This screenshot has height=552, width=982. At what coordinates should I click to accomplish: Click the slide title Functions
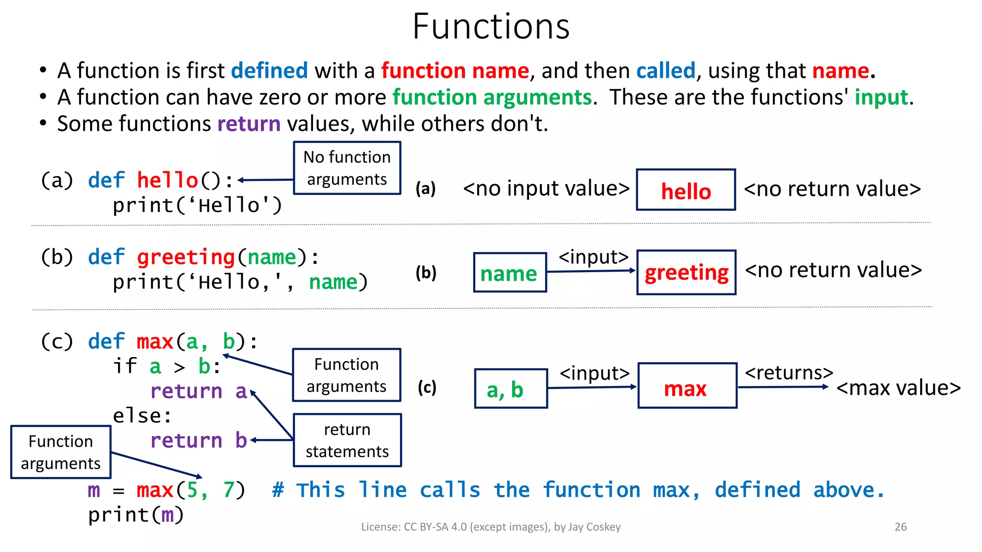point(491,26)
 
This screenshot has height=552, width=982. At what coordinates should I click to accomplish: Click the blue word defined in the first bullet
point(269,71)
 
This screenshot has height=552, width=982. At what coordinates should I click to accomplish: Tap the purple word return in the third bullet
point(248,124)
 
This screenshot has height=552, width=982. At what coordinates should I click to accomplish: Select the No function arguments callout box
point(347,168)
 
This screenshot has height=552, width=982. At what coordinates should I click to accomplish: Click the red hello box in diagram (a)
point(686,190)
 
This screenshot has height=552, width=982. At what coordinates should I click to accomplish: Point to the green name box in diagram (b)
point(509,273)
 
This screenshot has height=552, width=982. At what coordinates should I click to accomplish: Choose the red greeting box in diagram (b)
point(686,272)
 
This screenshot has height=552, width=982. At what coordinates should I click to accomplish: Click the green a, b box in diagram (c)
point(510,389)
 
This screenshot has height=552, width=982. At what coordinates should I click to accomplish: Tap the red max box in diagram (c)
point(687,386)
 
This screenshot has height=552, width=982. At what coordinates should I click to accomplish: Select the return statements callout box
point(347,440)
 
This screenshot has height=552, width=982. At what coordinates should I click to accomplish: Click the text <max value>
point(898,388)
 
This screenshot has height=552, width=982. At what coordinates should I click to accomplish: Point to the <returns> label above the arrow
point(788,372)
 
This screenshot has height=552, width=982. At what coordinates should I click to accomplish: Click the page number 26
point(900,527)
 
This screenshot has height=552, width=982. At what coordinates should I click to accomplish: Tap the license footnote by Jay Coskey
point(491,527)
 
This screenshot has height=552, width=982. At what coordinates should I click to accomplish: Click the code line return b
point(199,440)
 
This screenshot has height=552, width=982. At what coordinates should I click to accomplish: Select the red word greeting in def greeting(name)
point(186,257)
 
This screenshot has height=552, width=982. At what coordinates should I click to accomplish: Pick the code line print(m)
point(136,515)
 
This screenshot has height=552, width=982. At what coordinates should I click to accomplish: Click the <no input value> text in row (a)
point(546,188)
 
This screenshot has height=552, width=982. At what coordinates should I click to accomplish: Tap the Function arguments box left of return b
point(61,452)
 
